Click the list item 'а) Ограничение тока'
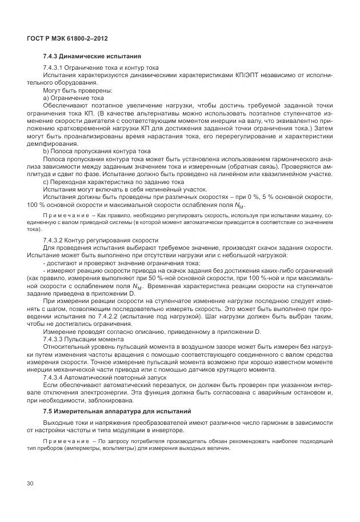[72, 98]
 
